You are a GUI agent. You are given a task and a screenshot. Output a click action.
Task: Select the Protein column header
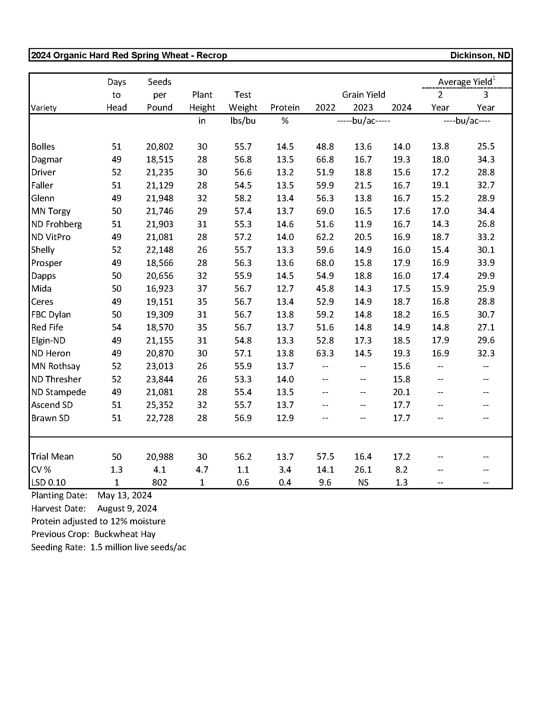pos(285,107)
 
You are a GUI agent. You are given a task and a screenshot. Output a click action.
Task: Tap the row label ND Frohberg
pos(56,224)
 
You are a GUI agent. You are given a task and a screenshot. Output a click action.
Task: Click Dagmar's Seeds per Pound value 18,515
pos(160,160)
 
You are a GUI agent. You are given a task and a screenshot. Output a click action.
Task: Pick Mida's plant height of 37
pos(202,289)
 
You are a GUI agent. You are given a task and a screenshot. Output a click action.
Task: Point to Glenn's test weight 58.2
pos(243,198)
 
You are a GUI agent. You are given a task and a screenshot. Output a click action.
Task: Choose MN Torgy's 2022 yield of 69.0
pos(325,211)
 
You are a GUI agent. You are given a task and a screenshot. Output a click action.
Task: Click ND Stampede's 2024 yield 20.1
pos(402,392)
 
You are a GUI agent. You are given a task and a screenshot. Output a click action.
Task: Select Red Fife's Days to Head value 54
pos(117,327)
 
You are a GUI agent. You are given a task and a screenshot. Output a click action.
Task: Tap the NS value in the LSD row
pos(363,482)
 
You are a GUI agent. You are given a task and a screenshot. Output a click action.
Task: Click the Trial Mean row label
pos(52,456)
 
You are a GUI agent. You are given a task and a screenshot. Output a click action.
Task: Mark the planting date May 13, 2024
pos(125,495)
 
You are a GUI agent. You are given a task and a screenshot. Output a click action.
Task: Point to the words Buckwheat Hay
pos(125,534)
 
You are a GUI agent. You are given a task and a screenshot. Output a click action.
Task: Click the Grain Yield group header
pos(363,95)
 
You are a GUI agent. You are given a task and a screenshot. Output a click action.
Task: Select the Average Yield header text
pos(465,82)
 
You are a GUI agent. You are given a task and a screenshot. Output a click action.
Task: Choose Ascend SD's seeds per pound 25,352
pos(160,405)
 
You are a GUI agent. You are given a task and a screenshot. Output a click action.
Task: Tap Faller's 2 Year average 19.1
pos(440,185)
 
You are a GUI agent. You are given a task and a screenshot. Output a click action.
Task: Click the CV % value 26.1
pos(363,469)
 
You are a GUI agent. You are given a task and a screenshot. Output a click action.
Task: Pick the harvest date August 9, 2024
pos(127,509)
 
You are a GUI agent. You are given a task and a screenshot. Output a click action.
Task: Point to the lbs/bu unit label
pos(243,121)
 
